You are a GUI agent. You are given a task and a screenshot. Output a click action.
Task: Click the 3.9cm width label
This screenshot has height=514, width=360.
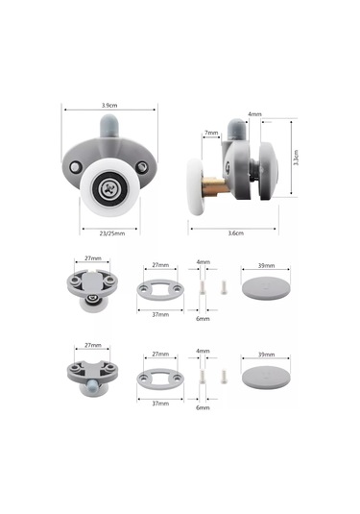108,105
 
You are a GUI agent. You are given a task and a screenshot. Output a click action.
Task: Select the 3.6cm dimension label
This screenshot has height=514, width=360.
233,233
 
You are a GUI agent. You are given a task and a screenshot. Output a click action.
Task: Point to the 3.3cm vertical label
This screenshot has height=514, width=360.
295,158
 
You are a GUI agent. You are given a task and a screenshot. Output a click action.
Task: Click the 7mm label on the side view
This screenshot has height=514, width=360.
209,133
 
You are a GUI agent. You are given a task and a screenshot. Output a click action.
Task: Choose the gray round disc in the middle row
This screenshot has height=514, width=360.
264,289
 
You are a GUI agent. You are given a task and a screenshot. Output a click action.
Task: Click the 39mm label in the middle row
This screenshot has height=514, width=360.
264,265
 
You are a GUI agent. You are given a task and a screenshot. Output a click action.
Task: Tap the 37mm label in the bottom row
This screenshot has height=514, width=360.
160,404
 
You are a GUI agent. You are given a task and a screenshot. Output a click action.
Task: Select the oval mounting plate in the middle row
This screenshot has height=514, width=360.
160,290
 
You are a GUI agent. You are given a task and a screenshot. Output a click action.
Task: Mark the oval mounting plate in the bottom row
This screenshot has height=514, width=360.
160,379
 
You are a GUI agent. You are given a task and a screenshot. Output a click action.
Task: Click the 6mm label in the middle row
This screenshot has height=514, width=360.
203,318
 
